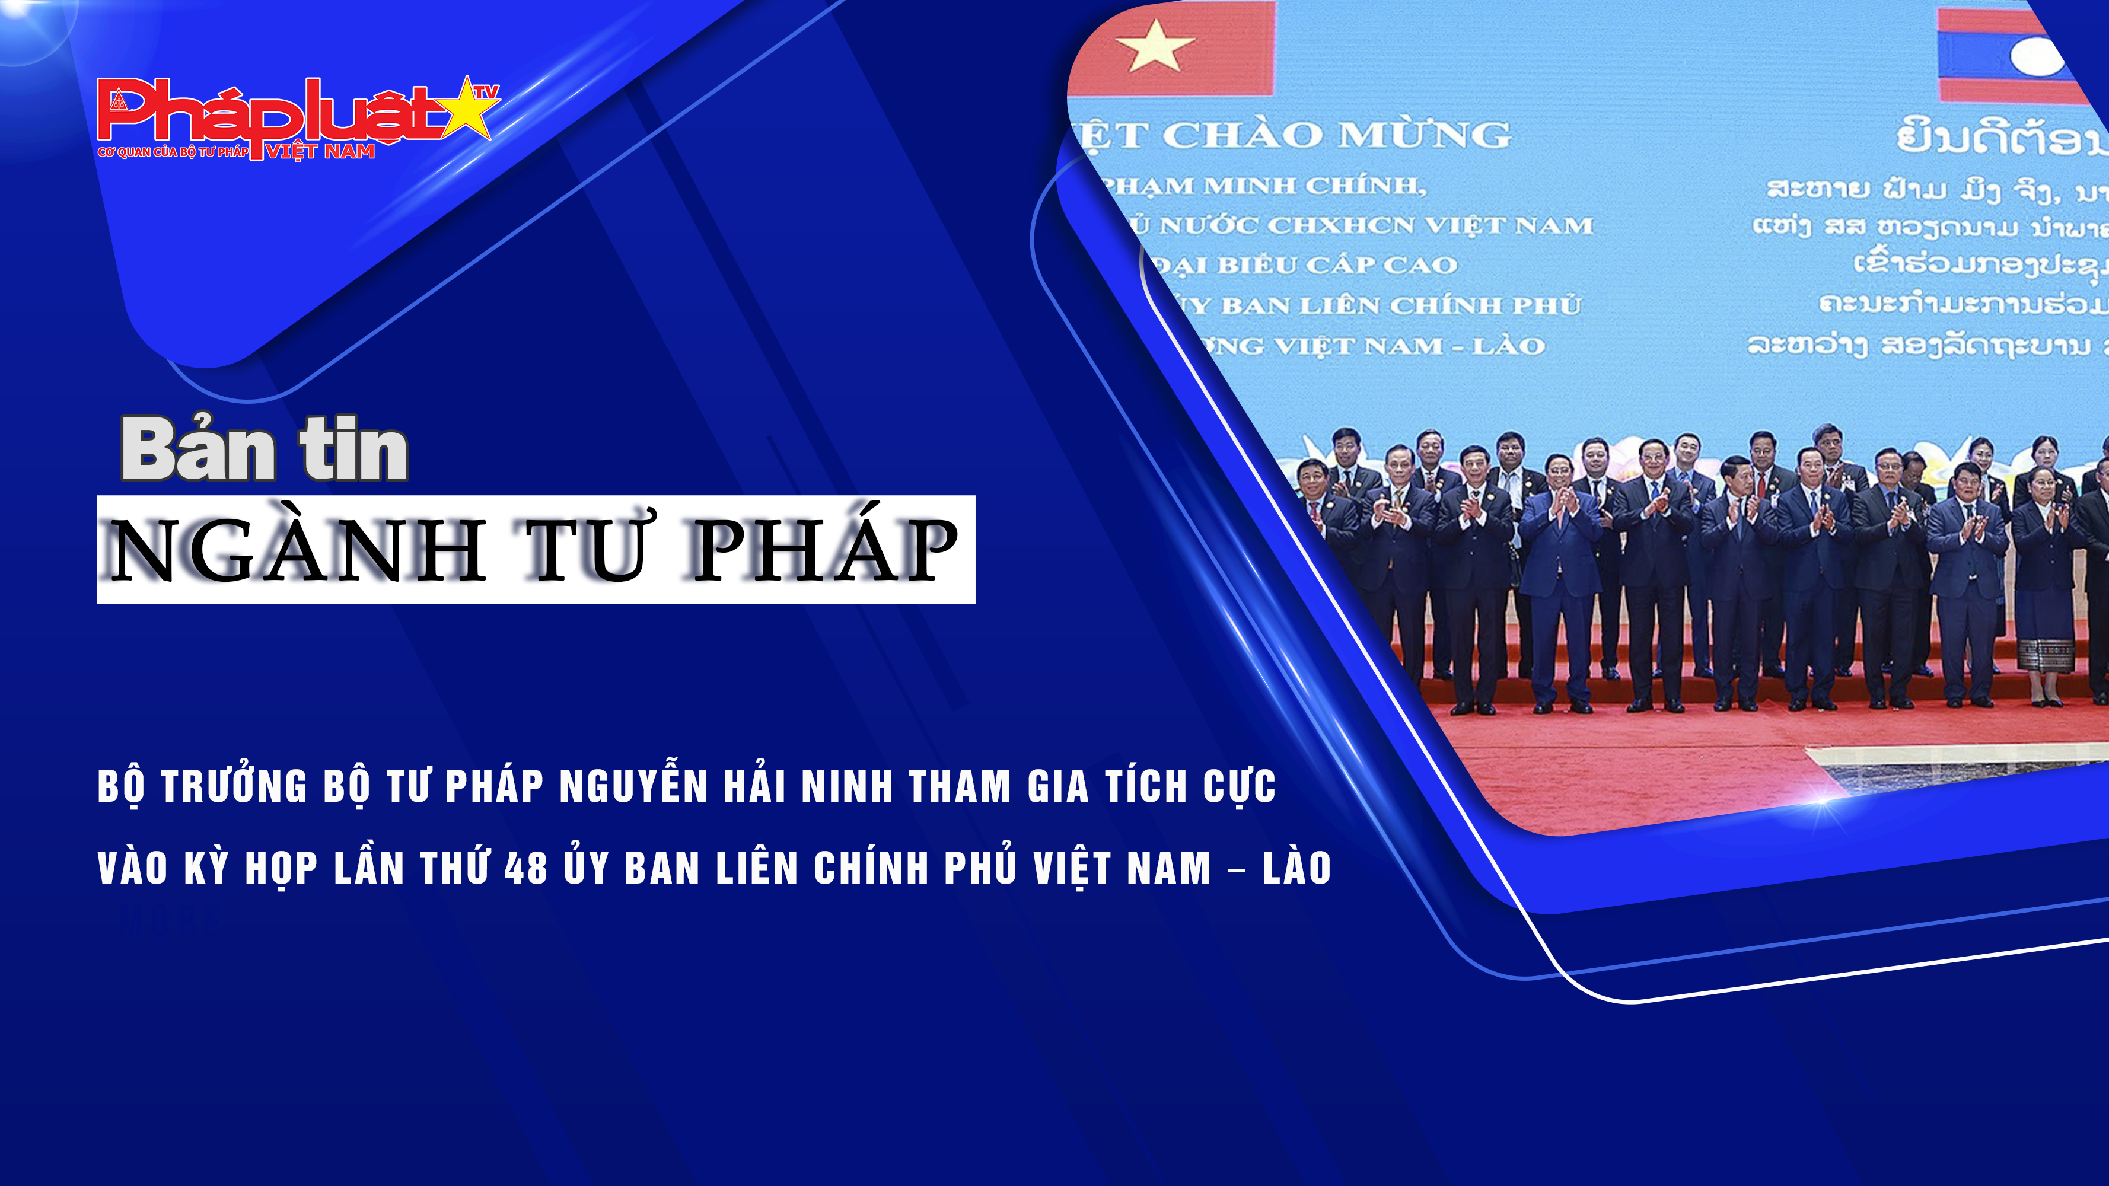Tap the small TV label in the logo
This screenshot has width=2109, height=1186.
tap(486, 93)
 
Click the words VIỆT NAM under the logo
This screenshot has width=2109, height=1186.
tap(320, 151)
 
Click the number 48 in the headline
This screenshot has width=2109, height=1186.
tap(525, 868)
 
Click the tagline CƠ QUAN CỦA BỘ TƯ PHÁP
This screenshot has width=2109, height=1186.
tap(173, 152)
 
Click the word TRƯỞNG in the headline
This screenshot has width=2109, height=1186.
tap(233, 786)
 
